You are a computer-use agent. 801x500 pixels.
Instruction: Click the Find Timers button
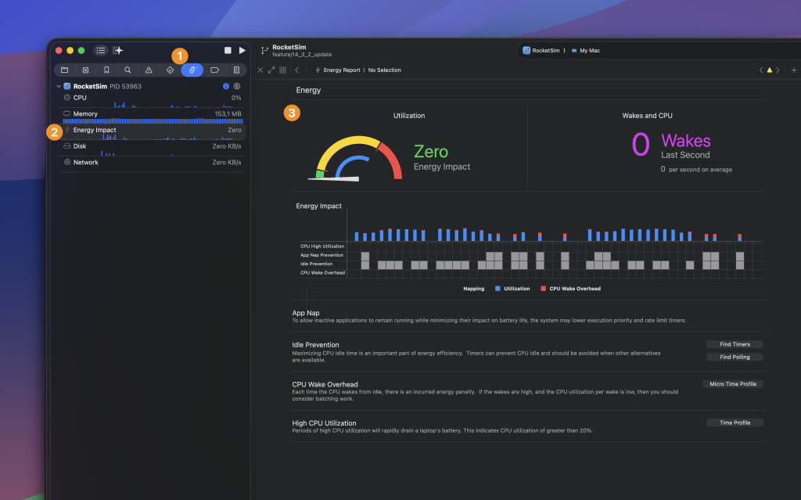pyautogui.click(x=734, y=344)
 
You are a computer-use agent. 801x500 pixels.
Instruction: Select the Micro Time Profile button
pyautogui.click(x=734, y=384)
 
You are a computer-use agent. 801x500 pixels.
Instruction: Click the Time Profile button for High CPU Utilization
pyautogui.click(x=734, y=423)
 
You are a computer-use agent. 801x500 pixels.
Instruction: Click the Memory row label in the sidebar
pyautogui.click(x=85, y=114)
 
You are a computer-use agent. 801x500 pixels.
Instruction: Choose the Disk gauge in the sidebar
pyautogui.click(x=80, y=146)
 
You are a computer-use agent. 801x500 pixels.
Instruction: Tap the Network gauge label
pyautogui.click(x=86, y=163)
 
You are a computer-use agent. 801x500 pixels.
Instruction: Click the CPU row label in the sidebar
pyautogui.click(x=80, y=98)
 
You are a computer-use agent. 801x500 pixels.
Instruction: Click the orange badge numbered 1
pyautogui.click(x=180, y=56)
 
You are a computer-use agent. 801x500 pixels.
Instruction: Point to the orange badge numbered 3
pyautogui.click(x=292, y=113)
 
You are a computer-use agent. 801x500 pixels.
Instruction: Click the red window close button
pyautogui.click(x=57, y=50)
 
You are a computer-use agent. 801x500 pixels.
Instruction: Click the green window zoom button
pyautogui.click(x=81, y=50)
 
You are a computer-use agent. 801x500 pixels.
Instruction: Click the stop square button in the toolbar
pyautogui.click(x=228, y=50)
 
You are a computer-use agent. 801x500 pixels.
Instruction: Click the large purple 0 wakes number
pyautogui.click(x=641, y=145)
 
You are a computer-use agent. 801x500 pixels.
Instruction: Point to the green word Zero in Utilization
pyautogui.click(x=430, y=151)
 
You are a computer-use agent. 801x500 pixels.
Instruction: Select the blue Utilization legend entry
pyautogui.click(x=512, y=289)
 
